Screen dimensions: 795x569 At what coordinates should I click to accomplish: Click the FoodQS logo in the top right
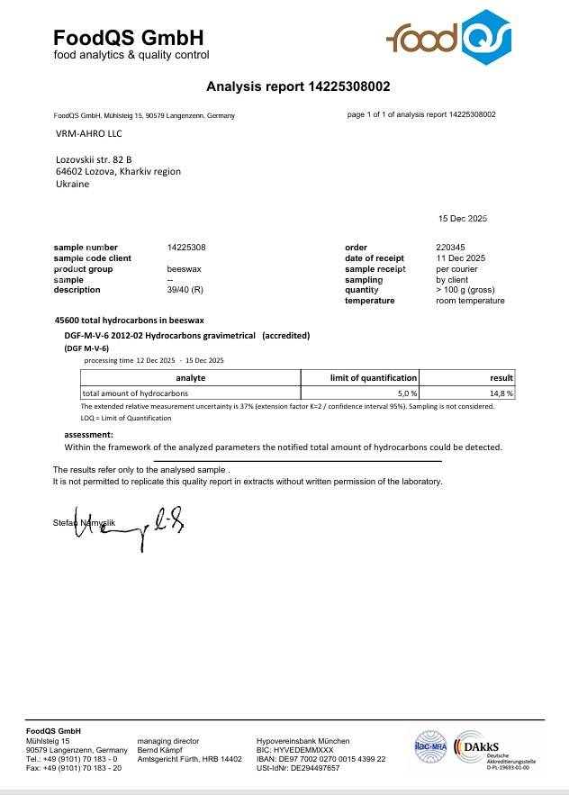[x=449, y=38]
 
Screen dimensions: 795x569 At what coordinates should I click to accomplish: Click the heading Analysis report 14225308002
[x=298, y=87]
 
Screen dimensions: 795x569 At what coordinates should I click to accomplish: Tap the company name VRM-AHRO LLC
[x=88, y=134]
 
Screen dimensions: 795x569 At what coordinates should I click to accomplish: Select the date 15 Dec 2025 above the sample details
[x=462, y=219]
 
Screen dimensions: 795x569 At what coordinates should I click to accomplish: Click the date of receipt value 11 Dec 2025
[x=460, y=258]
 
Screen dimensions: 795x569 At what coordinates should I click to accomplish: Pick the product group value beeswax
[x=185, y=269]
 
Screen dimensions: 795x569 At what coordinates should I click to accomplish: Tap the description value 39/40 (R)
[x=185, y=290]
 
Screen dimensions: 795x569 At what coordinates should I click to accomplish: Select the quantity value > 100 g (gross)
[x=465, y=290]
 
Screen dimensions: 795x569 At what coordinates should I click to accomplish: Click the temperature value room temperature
[x=470, y=301]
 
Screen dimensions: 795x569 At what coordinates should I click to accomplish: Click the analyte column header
[x=190, y=378]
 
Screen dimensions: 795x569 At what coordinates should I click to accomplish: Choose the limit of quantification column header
[x=360, y=378]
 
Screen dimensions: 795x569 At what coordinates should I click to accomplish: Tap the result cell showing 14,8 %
[x=501, y=393]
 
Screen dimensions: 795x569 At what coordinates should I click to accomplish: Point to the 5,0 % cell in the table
[x=408, y=393]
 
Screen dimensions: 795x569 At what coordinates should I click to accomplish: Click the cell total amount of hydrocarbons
[x=135, y=393]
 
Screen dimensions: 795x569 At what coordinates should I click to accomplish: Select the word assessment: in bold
[x=88, y=435]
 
